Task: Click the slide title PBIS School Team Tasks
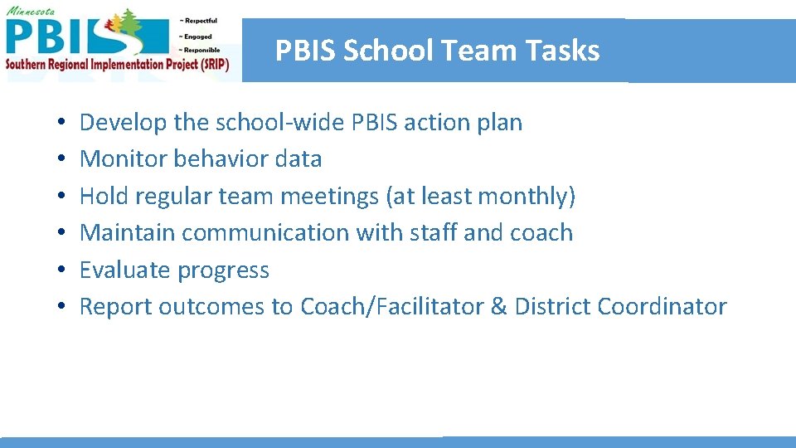(437, 51)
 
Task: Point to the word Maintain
(128, 232)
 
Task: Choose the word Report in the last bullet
(115, 306)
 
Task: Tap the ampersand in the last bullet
(498, 306)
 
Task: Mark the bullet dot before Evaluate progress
(63, 271)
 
